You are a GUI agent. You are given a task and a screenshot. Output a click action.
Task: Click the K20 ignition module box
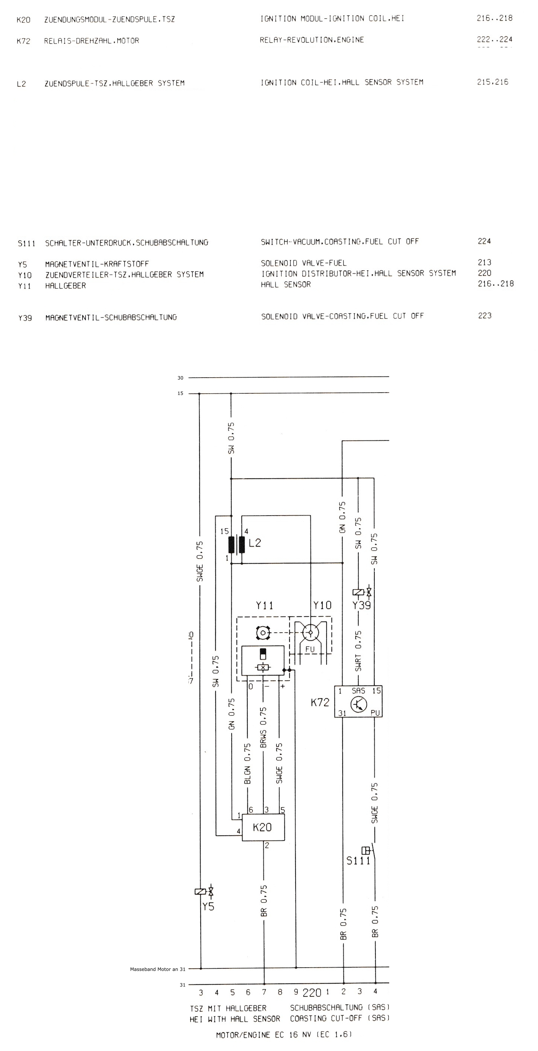tap(263, 827)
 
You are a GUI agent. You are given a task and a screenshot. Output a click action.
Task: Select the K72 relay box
tap(358, 701)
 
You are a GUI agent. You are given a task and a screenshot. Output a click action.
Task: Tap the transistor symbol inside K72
tap(359, 704)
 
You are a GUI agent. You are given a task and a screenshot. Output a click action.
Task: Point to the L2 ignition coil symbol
tap(237, 544)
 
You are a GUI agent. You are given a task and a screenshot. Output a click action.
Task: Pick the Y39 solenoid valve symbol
tap(362, 592)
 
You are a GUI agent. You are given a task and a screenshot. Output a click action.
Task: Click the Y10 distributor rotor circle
tap(310, 633)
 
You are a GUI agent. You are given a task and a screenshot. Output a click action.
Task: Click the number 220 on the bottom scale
tap(312, 993)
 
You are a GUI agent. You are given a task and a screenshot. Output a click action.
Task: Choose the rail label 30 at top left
tap(180, 378)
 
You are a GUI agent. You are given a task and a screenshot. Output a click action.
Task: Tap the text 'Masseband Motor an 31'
tap(158, 969)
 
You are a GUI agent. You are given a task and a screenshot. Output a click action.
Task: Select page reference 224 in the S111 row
tap(484, 241)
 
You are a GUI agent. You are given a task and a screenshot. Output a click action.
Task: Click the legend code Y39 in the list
tap(25, 318)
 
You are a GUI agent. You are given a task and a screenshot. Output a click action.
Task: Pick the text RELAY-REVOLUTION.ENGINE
tap(312, 40)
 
